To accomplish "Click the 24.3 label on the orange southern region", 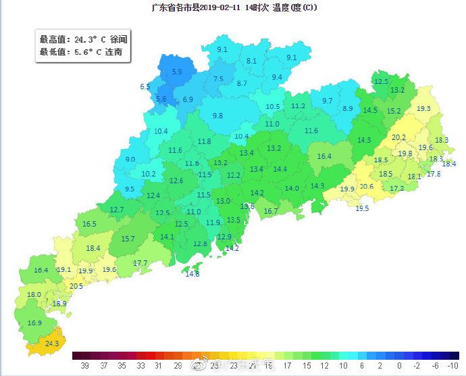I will point(53,344).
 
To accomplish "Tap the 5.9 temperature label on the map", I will point(177,71).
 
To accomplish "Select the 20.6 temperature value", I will point(366,187).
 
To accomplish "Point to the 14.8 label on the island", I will point(192,274).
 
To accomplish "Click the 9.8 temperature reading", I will point(217,116).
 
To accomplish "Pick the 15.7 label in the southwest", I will point(128,239).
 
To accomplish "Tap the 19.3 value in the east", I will point(423,108).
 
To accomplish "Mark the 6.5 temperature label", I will point(145,87).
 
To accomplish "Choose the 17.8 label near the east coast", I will point(434,174).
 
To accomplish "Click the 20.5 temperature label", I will point(76,286).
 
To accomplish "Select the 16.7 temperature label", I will point(270,212).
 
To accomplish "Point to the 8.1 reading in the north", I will point(251,61).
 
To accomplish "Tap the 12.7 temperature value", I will point(117,210).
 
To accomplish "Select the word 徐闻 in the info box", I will point(118,40).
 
